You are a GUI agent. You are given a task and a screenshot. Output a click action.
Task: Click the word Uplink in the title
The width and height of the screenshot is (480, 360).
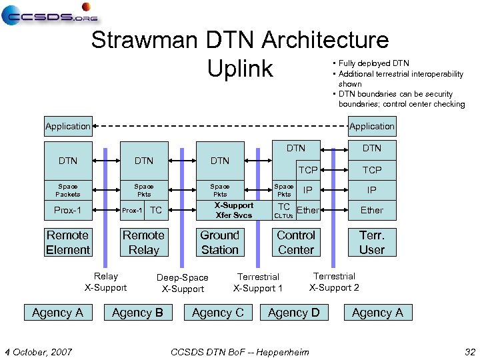240,68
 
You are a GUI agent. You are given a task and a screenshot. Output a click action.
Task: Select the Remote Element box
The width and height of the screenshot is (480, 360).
68,243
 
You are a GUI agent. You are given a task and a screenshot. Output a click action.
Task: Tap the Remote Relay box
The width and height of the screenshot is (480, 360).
143,243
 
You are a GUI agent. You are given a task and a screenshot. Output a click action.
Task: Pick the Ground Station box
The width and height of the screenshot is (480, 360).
219,243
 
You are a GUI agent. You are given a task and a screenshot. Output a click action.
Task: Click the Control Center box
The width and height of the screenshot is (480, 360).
295,243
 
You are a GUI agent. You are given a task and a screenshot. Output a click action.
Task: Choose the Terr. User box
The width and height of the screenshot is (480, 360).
371,243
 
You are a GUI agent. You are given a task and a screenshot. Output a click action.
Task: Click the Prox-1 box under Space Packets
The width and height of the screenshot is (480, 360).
67,211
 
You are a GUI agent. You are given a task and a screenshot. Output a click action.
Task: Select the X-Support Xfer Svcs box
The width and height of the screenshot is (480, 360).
233,210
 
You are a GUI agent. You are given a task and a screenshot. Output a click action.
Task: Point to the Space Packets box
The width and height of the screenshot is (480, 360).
67,190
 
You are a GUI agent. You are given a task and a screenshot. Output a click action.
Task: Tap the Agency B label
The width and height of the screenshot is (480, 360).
137,313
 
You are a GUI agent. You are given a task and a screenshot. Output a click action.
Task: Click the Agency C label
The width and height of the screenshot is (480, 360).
217,313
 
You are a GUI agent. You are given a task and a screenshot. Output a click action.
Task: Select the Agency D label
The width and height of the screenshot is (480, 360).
293,313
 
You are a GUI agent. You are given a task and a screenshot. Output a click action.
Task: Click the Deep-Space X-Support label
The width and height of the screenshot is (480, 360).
183,283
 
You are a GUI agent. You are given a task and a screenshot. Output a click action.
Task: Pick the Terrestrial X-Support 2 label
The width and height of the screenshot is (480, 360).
334,282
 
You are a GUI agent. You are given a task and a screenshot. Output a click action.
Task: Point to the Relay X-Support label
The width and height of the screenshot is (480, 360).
105,282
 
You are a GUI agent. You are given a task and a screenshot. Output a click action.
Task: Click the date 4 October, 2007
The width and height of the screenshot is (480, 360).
39,352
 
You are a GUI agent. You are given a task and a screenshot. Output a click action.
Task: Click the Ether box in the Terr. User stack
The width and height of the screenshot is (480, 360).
371,210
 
